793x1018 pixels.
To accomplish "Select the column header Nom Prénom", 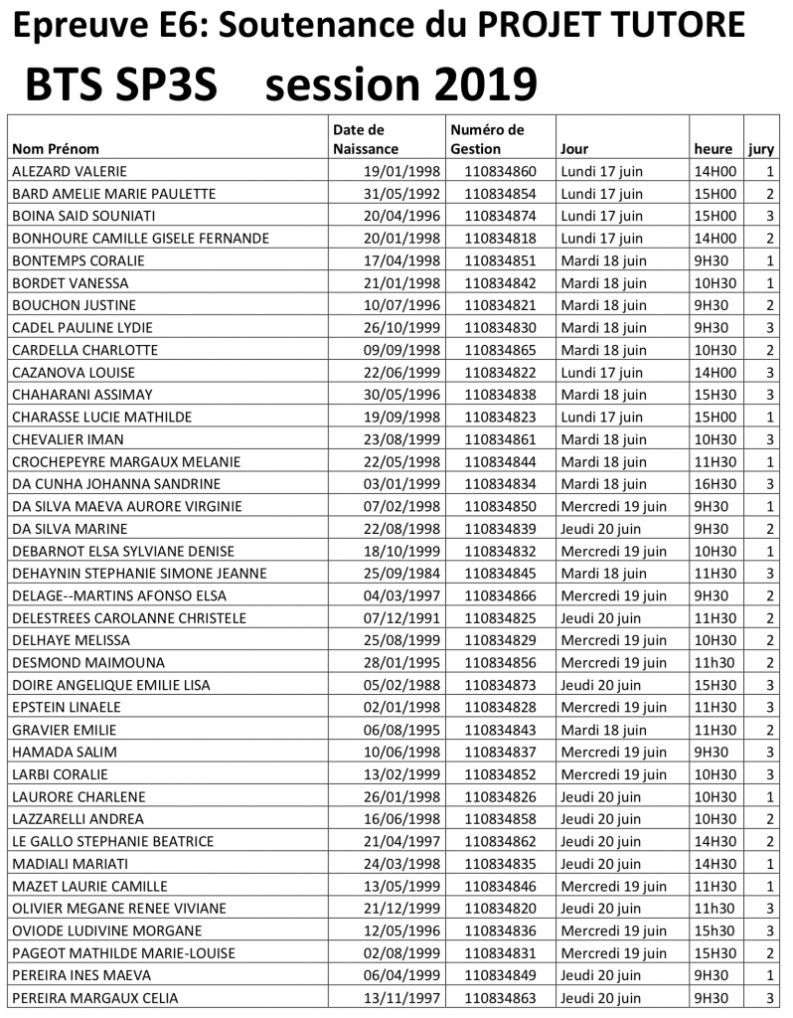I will tap(56, 149).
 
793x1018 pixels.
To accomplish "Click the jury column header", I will tap(761, 149).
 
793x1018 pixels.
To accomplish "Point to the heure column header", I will tap(714, 149).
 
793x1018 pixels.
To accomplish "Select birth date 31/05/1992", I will tap(401, 194).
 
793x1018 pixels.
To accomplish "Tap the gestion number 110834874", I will tap(500, 216).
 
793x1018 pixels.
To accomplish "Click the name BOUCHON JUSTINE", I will tap(74, 305).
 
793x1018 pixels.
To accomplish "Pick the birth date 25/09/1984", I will tap(401, 573).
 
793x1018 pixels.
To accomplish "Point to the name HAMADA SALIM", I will tap(58, 752).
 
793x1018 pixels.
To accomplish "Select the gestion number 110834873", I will tap(500, 685).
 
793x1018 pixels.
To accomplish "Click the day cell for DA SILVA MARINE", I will tap(601, 528).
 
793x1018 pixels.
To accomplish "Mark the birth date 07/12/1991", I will tap(401, 617).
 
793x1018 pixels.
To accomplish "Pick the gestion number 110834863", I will tap(500, 998).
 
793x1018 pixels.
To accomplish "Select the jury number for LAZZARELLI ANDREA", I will tap(770, 819).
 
